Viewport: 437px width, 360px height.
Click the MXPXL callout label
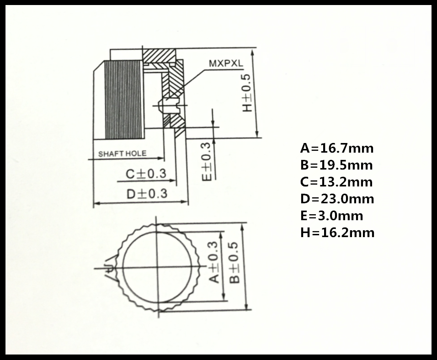tap(226, 64)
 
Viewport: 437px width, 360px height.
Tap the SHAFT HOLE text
tap(122, 154)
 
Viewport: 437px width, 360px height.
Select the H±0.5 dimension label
tap(247, 93)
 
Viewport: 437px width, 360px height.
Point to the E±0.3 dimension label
tap(207, 162)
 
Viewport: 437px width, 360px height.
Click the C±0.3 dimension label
tap(146, 174)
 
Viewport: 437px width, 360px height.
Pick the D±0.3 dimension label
tap(147, 194)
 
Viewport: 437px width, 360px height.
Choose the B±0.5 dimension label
tap(234, 263)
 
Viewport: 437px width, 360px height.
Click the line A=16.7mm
tap(337, 148)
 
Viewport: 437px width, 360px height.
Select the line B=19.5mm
tap(336, 165)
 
